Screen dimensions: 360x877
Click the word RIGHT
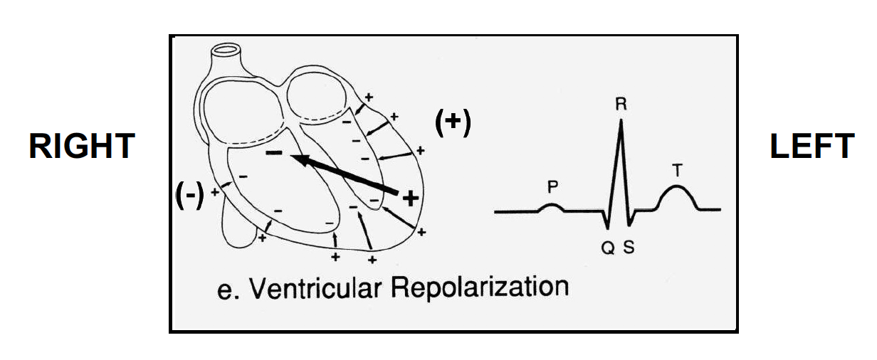click(x=81, y=147)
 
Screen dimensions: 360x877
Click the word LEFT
click(x=812, y=147)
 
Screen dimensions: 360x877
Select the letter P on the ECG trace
click(x=552, y=187)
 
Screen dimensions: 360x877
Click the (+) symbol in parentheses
click(x=453, y=124)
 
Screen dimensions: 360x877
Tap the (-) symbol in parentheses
click(x=190, y=194)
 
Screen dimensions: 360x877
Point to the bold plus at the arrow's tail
click(x=409, y=198)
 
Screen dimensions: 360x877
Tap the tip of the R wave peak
click(x=621, y=120)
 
